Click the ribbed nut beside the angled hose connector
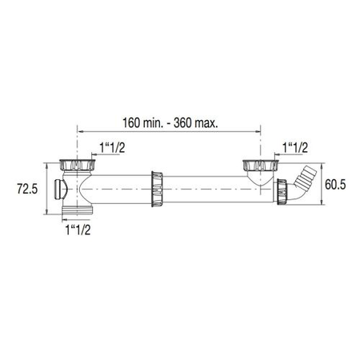click(283, 191)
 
